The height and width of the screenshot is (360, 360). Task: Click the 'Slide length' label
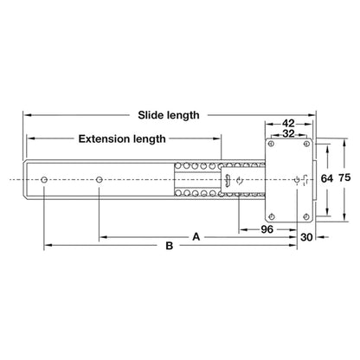coord(169,115)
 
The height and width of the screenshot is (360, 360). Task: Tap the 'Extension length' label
coord(122,139)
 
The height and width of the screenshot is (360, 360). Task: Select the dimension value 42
coord(288,124)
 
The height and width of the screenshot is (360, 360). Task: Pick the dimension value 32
coord(288,134)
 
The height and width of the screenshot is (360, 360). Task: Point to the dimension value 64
coord(327,179)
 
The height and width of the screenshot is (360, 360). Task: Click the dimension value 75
coord(344,177)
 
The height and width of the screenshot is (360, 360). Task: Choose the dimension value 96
coord(267,229)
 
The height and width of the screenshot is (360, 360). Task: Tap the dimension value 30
coord(306,237)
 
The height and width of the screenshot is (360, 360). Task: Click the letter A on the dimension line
coord(196,237)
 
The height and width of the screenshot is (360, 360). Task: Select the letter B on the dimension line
coord(170,246)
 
